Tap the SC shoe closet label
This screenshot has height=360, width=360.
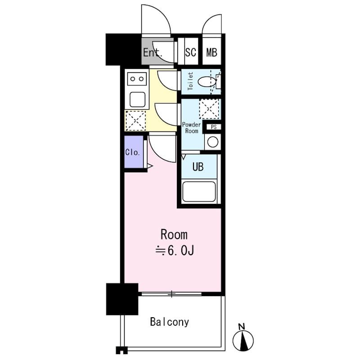point(190,52)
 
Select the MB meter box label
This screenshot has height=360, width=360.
point(211,52)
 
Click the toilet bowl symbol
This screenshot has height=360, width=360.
point(207,82)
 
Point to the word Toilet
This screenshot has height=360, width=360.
point(190,82)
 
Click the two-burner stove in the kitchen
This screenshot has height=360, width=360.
point(137,79)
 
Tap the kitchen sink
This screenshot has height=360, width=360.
point(137,98)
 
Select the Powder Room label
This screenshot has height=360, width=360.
point(191,128)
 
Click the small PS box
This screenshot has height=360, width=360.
point(214,127)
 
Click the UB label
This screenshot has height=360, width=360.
point(198,167)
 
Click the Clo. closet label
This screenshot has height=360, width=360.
point(133,152)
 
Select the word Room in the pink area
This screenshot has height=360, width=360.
point(174,234)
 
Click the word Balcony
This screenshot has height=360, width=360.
point(170,322)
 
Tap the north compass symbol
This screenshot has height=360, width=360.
point(243,340)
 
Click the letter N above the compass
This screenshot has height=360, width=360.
point(242,326)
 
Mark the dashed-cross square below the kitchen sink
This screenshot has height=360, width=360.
point(136,120)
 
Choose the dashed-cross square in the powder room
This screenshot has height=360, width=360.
point(209,109)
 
